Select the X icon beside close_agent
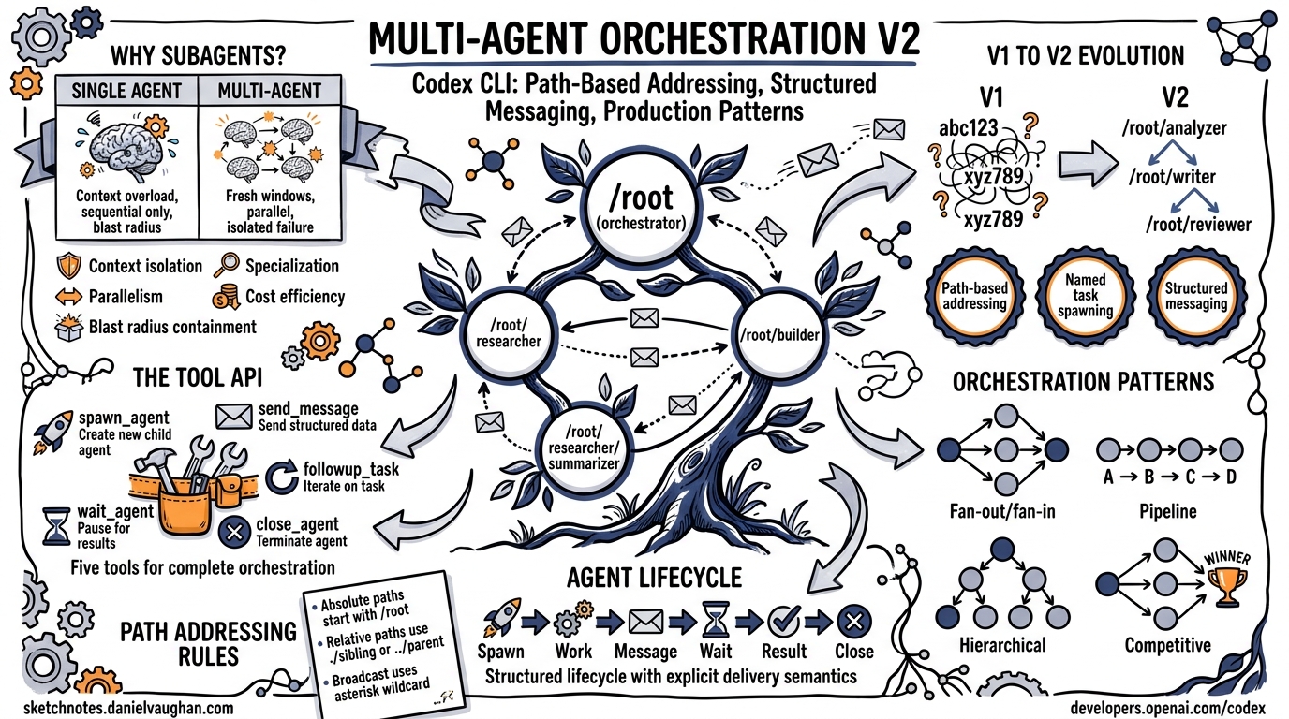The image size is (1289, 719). [230, 533]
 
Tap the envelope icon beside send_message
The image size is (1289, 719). [233, 416]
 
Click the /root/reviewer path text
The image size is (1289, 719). [1197, 224]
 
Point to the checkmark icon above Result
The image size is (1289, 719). [782, 621]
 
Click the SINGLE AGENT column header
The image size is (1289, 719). [126, 92]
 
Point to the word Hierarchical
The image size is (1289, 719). [1002, 645]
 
